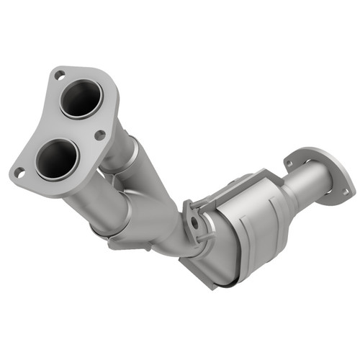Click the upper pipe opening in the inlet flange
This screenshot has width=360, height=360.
click(80, 98)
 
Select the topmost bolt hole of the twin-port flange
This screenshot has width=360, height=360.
click(59, 73)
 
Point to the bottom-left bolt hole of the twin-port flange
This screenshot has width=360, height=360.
click(21, 172)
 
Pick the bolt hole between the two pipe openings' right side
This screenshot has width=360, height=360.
click(99, 134)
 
